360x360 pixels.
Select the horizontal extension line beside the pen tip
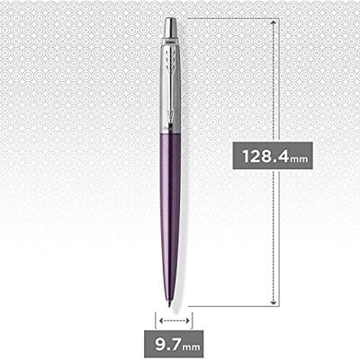229,307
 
